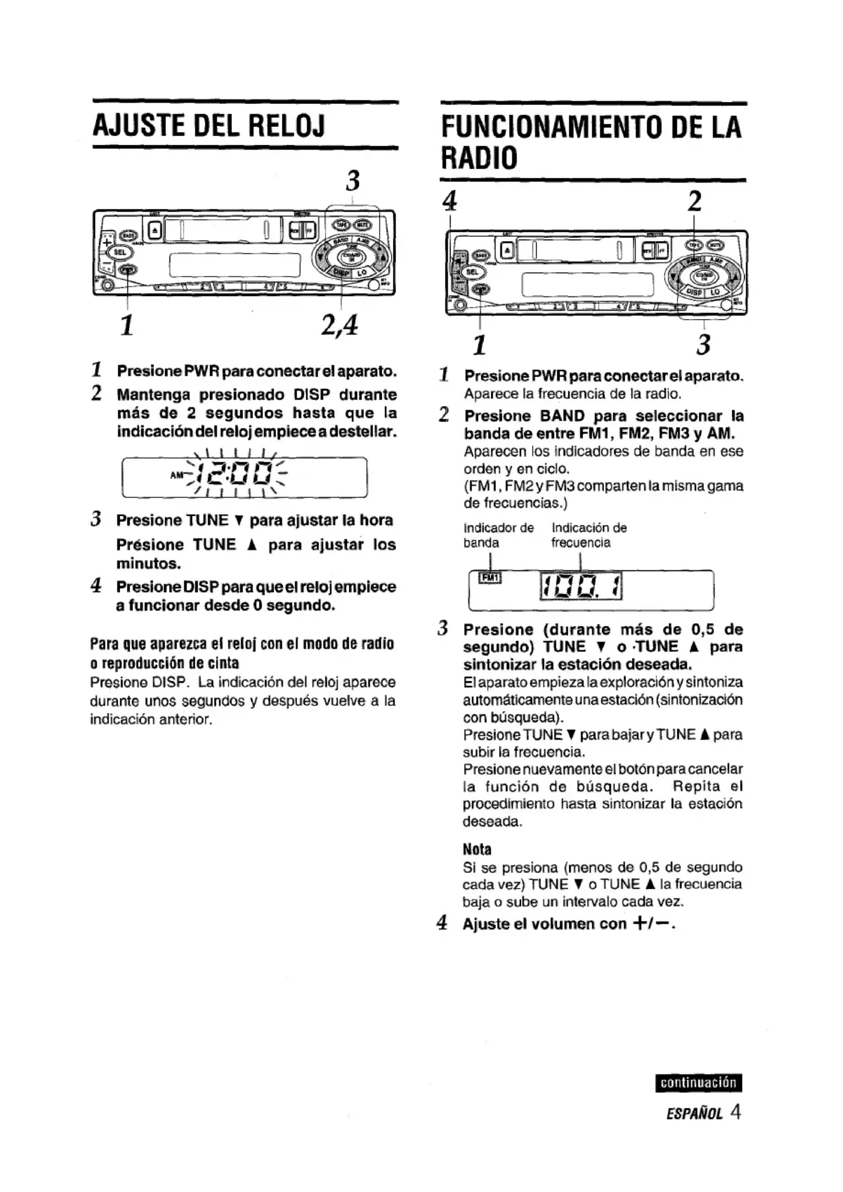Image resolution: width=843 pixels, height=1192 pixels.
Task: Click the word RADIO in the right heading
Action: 479,158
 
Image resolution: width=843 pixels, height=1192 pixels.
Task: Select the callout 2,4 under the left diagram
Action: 339,326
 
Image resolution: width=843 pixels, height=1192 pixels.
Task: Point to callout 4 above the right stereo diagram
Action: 450,200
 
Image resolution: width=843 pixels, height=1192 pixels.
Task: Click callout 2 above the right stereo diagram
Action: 695,200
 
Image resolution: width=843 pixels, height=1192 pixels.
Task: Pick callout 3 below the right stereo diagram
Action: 703,345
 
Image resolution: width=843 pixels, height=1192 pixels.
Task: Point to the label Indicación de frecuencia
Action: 589,535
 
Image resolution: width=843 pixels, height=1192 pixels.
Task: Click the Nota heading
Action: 477,850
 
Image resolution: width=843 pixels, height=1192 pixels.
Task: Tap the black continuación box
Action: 698,1083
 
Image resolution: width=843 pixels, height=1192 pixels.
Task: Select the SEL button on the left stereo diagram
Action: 120,253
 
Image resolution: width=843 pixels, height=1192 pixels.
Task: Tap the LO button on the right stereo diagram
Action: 715,292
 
